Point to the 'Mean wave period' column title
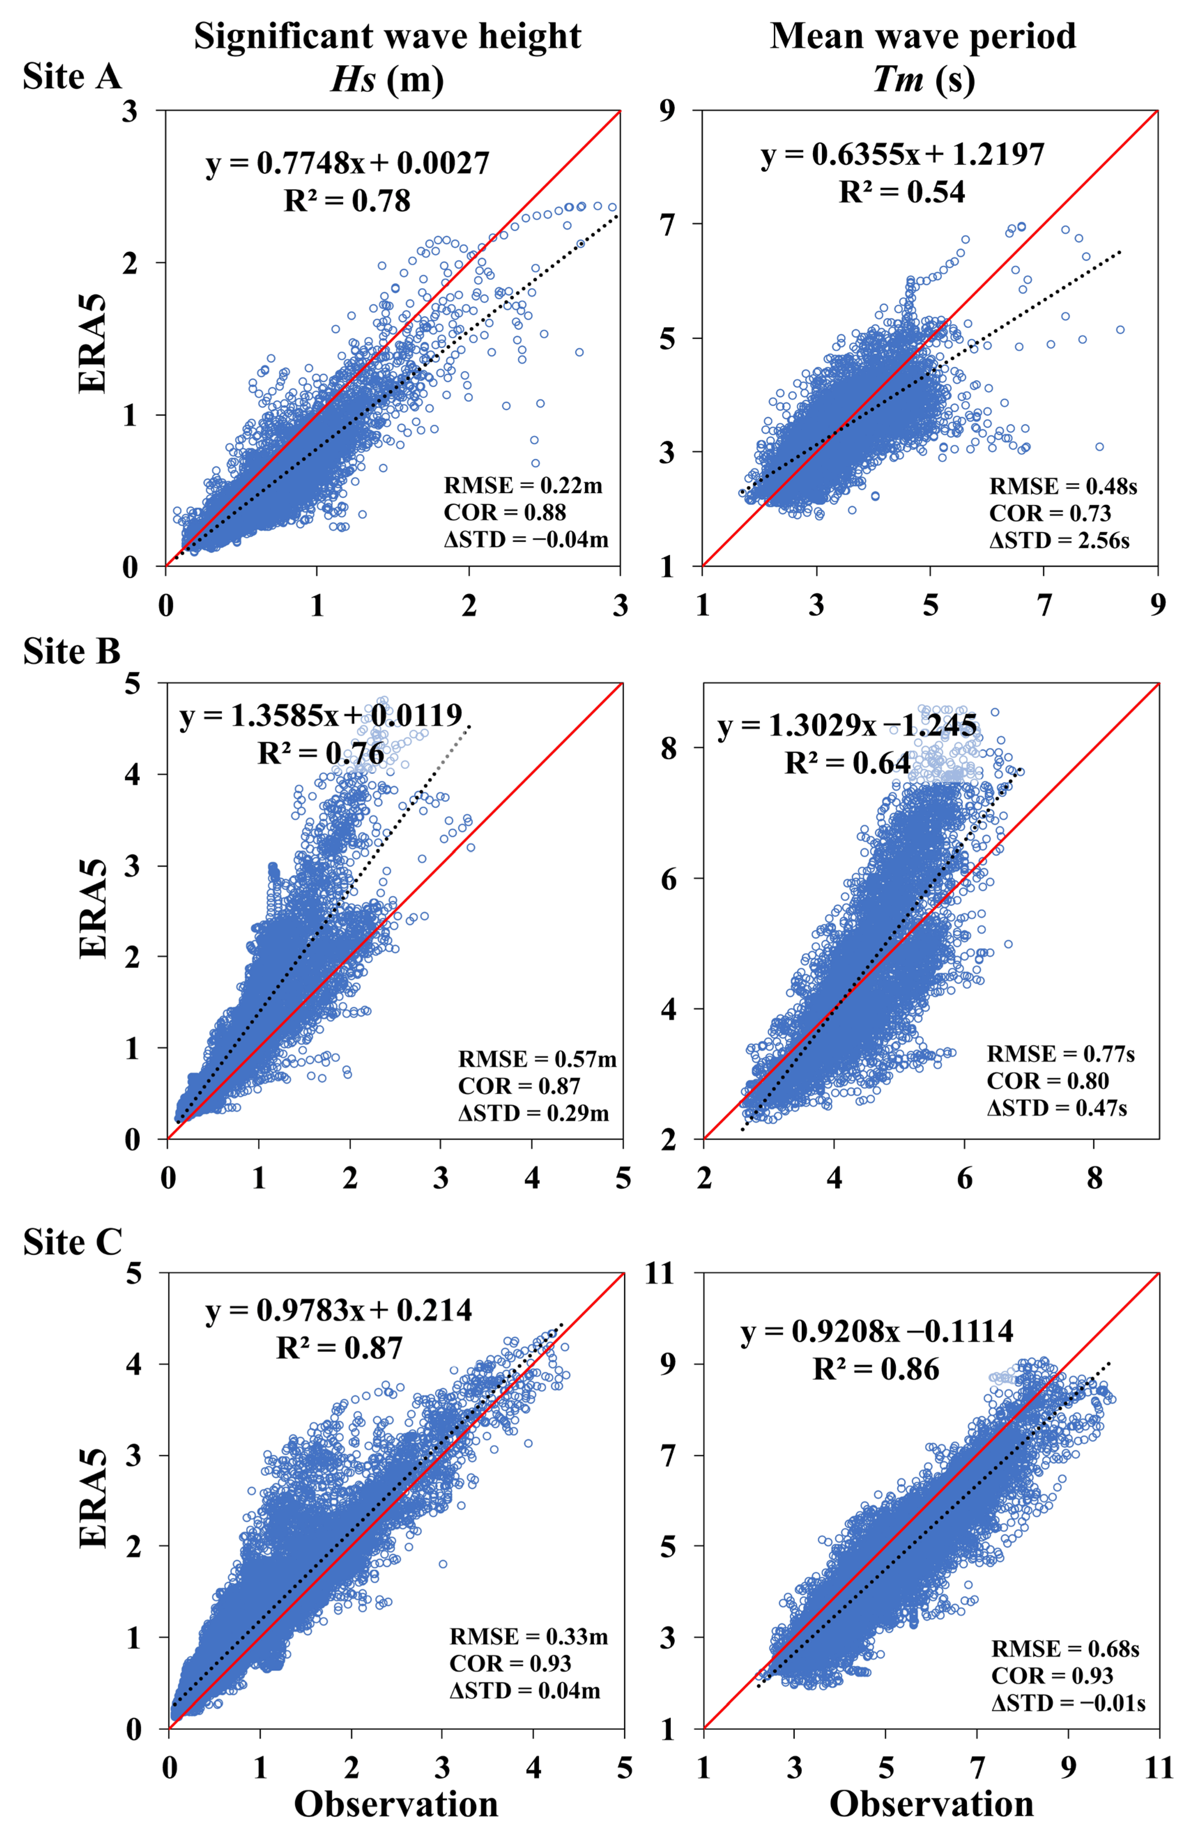(923, 36)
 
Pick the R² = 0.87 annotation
(340, 1348)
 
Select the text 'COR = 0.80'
(1048, 1081)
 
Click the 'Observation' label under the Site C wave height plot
(396, 1805)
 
